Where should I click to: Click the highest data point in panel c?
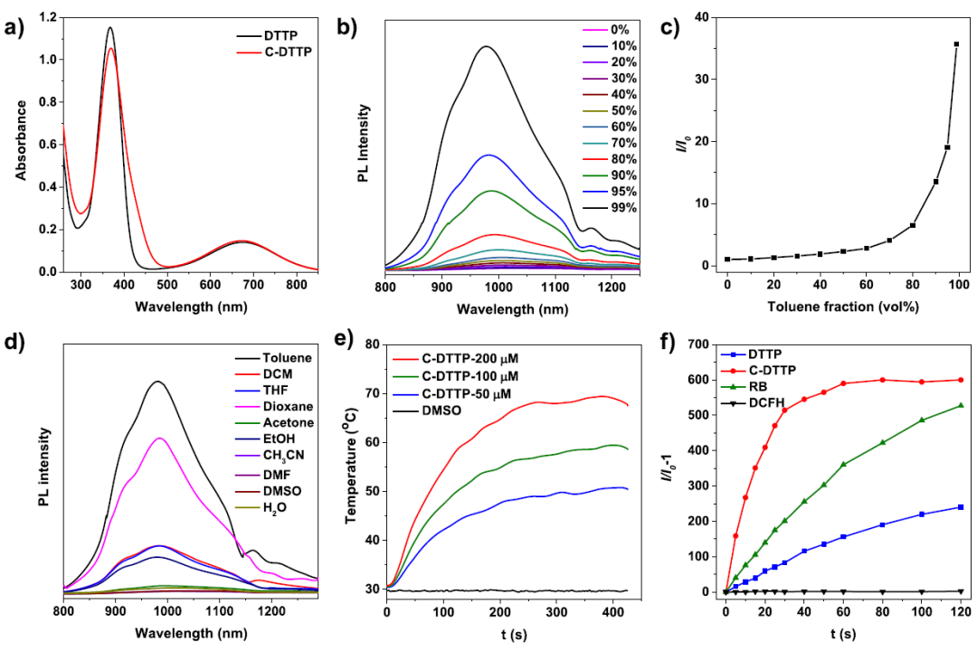(x=956, y=44)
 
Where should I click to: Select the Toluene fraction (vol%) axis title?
(x=842, y=307)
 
